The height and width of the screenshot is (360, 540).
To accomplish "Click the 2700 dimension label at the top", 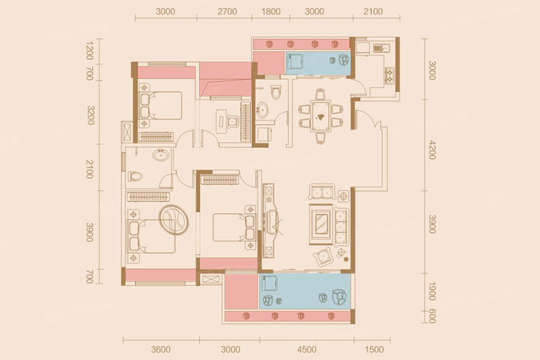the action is tap(227, 11).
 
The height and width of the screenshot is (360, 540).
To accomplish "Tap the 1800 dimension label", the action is tap(271, 11).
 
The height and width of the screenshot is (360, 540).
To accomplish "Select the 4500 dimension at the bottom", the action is tap(306, 350).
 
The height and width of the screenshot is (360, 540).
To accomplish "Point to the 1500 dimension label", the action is tap(374, 350).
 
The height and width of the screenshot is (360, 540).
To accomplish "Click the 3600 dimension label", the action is tap(161, 350).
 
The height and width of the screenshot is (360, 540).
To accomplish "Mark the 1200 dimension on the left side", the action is tap(89, 51).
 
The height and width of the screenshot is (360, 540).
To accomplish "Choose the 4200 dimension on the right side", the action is tap(432, 150).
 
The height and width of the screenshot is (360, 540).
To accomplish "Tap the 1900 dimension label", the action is tap(432, 291).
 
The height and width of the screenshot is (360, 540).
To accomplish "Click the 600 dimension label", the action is tap(432, 316).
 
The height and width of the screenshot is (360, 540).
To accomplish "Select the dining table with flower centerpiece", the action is tap(320, 116).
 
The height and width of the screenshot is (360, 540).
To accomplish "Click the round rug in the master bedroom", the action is tap(173, 220).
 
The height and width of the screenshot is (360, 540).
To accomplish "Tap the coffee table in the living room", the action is tap(321, 224).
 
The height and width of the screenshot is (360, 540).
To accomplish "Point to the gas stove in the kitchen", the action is tap(390, 76).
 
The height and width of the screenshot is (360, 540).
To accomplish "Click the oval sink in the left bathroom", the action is tap(161, 155).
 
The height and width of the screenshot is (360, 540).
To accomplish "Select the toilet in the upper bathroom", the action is tap(276, 92).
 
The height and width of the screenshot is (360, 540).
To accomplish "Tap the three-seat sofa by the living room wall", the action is tap(341, 227).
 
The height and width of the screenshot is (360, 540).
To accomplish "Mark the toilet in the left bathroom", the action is tap(135, 177).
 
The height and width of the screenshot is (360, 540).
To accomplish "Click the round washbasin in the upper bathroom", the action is tap(262, 110).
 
